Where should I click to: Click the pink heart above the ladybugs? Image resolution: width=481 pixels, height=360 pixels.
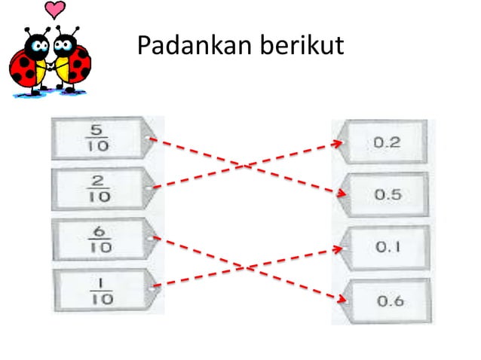coord(55,10)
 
